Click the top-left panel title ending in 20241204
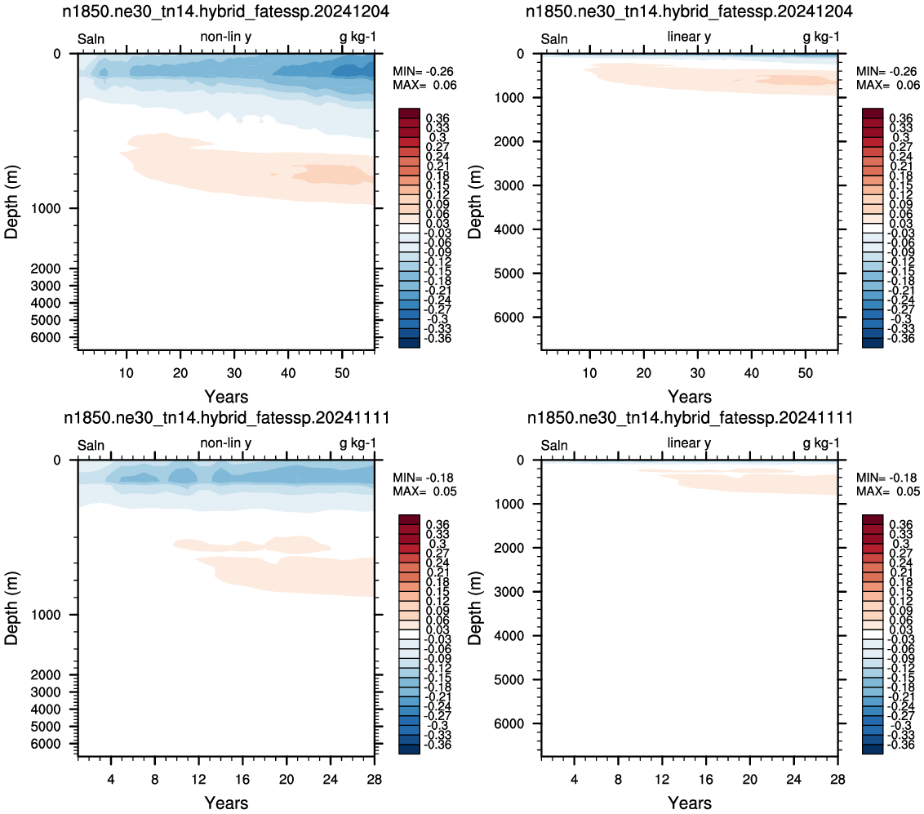(x=226, y=11)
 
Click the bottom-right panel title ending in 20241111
(x=690, y=417)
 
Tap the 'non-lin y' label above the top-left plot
(x=226, y=37)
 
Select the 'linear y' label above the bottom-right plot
(x=689, y=443)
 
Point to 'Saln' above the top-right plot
(x=554, y=39)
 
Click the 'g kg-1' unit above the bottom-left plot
(x=358, y=443)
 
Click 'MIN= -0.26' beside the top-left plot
(x=423, y=71)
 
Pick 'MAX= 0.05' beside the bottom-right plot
(x=888, y=492)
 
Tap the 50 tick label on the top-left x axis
(x=342, y=373)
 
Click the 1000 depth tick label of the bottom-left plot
(x=46, y=615)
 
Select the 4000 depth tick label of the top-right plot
(x=509, y=229)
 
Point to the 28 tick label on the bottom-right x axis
(x=837, y=779)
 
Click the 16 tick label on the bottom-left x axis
(x=242, y=779)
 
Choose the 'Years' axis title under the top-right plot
(x=690, y=396)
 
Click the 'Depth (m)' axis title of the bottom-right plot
(x=475, y=607)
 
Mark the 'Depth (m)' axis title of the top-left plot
(x=11, y=202)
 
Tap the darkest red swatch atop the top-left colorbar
(x=409, y=113)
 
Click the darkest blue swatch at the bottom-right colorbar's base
(x=872, y=750)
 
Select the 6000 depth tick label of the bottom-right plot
(x=509, y=723)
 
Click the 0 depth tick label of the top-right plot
(x=520, y=54)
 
